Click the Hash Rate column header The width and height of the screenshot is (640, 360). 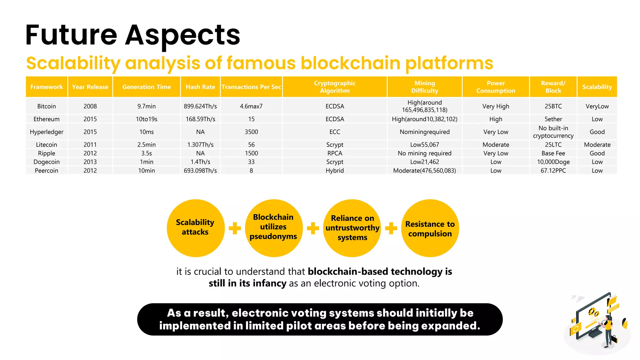click(x=200, y=87)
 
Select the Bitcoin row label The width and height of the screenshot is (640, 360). click(x=47, y=106)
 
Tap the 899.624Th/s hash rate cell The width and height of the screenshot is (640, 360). click(x=200, y=106)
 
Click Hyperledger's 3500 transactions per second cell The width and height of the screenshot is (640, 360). click(x=251, y=132)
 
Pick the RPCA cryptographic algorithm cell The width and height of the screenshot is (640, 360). click(x=335, y=153)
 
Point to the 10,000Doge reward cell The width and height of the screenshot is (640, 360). click(x=553, y=162)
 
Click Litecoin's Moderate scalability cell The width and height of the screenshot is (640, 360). click(x=597, y=145)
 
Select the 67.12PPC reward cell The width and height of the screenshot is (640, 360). click(x=553, y=171)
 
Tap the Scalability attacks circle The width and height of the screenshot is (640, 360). click(x=196, y=228)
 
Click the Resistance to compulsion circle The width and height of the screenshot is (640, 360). click(x=430, y=228)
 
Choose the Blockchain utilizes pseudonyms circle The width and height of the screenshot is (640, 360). click(x=273, y=228)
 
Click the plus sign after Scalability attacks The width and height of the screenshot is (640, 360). click(x=235, y=228)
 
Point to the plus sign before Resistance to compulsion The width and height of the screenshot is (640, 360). click(x=391, y=228)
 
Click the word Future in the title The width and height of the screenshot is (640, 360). click(x=71, y=35)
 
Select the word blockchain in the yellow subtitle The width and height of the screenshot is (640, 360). click(x=350, y=63)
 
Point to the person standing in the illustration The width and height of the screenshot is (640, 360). click(x=608, y=331)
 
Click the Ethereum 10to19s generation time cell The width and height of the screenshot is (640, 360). click(x=147, y=119)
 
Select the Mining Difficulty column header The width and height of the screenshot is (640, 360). click(x=424, y=87)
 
